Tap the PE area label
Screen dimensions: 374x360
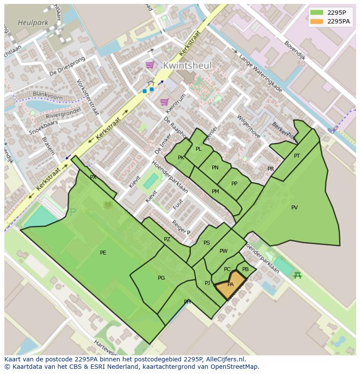point(103,253)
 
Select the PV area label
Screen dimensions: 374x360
point(294,208)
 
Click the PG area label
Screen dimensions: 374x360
point(161,278)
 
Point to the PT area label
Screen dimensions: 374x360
point(297,156)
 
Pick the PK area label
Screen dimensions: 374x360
point(181,158)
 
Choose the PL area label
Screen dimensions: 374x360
point(199,149)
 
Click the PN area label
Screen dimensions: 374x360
point(215,168)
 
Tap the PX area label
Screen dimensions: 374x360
point(93,177)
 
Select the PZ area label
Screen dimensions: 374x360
point(167,239)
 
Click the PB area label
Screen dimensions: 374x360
point(246,269)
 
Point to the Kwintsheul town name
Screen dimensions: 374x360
point(187,66)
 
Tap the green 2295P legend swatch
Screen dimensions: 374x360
point(317,12)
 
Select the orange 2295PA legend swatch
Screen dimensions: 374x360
point(317,21)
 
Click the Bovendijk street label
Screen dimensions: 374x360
point(295,50)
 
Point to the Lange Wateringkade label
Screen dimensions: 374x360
point(260,73)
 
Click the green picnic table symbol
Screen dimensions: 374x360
point(298,275)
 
